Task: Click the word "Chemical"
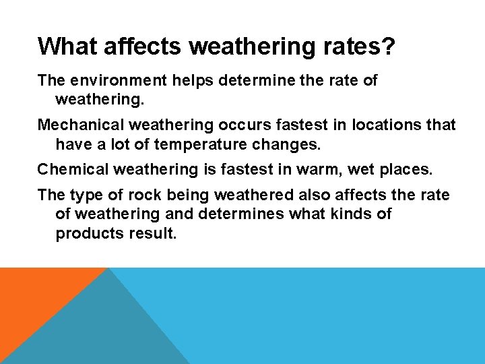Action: (x=71, y=169)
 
